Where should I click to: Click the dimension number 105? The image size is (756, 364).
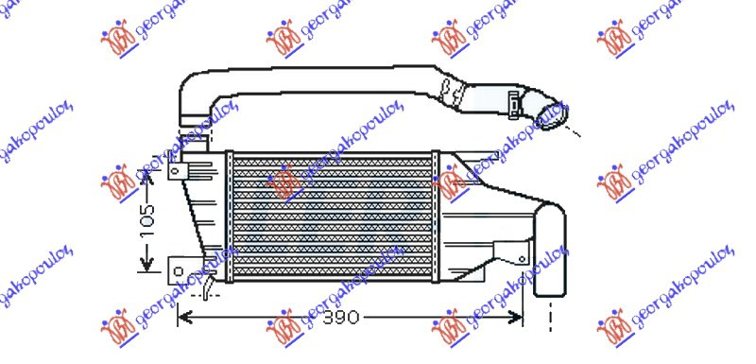pyautogui.click(x=147, y=219)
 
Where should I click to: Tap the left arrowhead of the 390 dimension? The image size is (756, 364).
pyautogui.click(x=185, y=318)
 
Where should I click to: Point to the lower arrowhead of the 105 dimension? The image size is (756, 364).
pyautogui.click(x=147, y=264)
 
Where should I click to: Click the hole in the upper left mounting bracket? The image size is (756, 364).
pyautogui.click(x=176, y=173)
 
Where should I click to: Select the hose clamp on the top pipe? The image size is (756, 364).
pyautogui.click(x=514, y=97)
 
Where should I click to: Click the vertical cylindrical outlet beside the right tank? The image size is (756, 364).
pyautogui.click(x=550, y=251)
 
